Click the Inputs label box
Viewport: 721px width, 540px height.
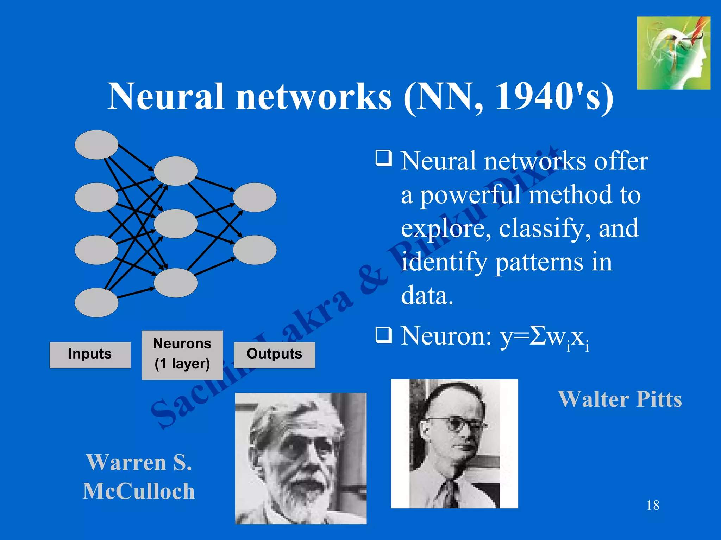pyautogui.click(x=90, y=355)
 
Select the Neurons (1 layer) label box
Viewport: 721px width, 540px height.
pyautogui.click(x=182, y=355)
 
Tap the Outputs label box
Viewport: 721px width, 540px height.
pyautogui.click(x=274, y=355)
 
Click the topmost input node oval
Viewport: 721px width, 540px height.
pyautogui.click(x=96, y=144)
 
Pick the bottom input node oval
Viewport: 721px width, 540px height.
pyautogui.click(x=96, y=302)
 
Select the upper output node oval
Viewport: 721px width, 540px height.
pyautogui.click(x=255, y=197)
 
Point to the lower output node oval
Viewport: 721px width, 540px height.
pyautogui.click(x=255, y=250)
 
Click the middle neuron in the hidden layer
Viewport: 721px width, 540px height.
pyautogui.click(x=175, y=224)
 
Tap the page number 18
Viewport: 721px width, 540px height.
pyautogui.click(x=653, y=505)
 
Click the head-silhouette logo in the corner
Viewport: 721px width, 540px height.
pyautogui.click(x=673, y=53)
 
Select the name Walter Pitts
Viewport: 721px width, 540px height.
pyautogui.click(x=620, y=399)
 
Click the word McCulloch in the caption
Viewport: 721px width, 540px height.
pyautogui.click(x=139, y=491)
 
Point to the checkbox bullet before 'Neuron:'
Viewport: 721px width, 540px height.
pyautogui.click(x=383, y=335)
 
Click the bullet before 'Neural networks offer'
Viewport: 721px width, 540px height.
pyautogui.click(x=383, y=158)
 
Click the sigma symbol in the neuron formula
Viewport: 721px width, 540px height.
pyautogui.click(x=538, y=336)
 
